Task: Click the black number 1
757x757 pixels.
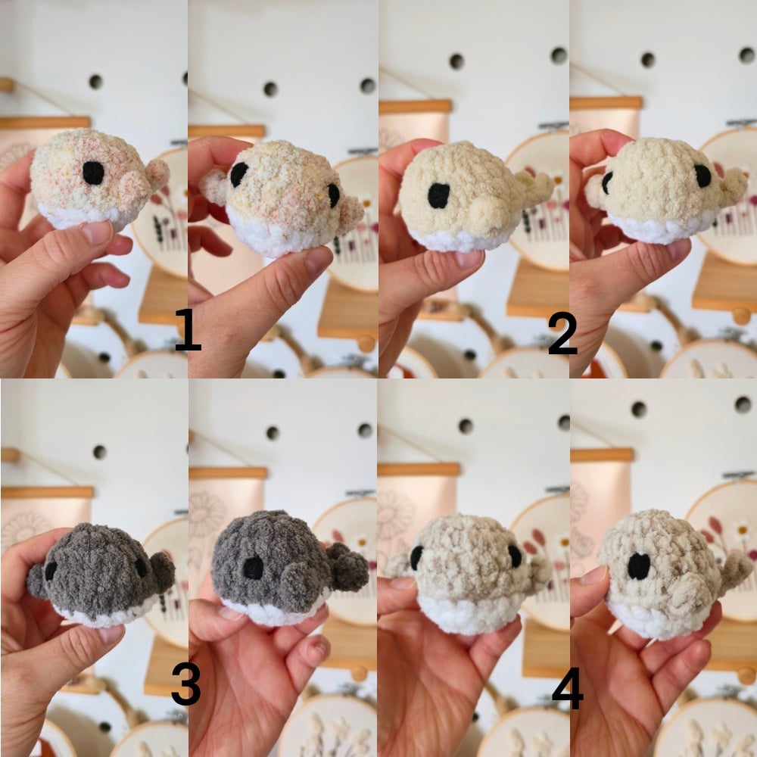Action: click(187, 329)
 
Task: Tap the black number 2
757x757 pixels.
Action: click(562, 333)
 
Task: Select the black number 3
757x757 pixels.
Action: click(186, 684)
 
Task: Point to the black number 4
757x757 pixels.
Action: click(567, 687)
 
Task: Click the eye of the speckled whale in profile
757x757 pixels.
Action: click(93, 173)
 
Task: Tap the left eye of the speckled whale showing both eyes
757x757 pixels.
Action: click(239, 174)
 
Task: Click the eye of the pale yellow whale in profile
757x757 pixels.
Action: click(439, 195)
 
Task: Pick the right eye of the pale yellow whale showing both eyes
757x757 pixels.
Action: click(702, 176)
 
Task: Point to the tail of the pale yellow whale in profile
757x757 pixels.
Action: click(535, 186)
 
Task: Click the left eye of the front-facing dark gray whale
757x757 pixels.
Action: click(51, 571)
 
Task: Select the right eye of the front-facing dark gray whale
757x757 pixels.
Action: click(141, 569)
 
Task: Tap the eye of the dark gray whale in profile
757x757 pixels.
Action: click(253, 568)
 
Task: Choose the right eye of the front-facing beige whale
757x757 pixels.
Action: click(515, 556)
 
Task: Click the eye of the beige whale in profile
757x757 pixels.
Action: click(639, 565)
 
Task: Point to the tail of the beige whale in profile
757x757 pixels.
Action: click(735, 572)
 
